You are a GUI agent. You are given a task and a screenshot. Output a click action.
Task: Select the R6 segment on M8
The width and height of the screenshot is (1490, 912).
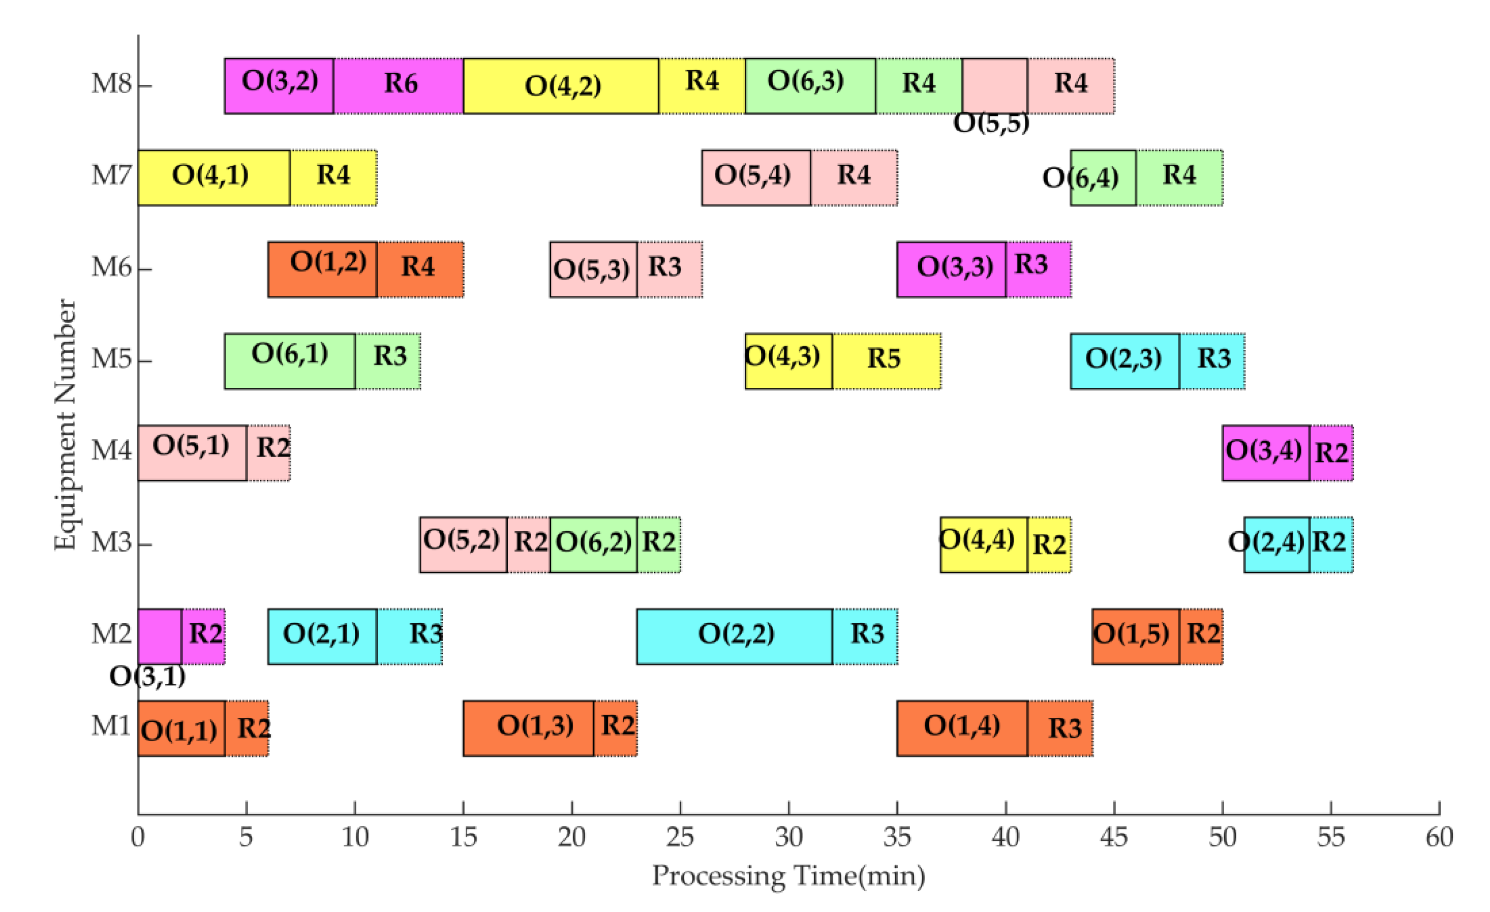click(399, 86)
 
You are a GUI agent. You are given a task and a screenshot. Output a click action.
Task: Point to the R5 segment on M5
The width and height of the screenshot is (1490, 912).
click(886, 360)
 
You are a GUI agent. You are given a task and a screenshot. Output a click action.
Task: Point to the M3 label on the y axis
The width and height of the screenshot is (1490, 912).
click(111, 542)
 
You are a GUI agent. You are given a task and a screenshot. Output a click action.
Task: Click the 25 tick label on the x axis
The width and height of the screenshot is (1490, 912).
click(680, 838)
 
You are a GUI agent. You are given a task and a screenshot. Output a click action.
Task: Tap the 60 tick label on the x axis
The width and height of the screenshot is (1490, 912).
click(1439, 838)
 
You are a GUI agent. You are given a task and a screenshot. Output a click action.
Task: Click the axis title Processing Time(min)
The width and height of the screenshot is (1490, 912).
click(788, 876)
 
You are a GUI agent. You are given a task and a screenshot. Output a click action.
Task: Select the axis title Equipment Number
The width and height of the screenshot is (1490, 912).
click(65, 424)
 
